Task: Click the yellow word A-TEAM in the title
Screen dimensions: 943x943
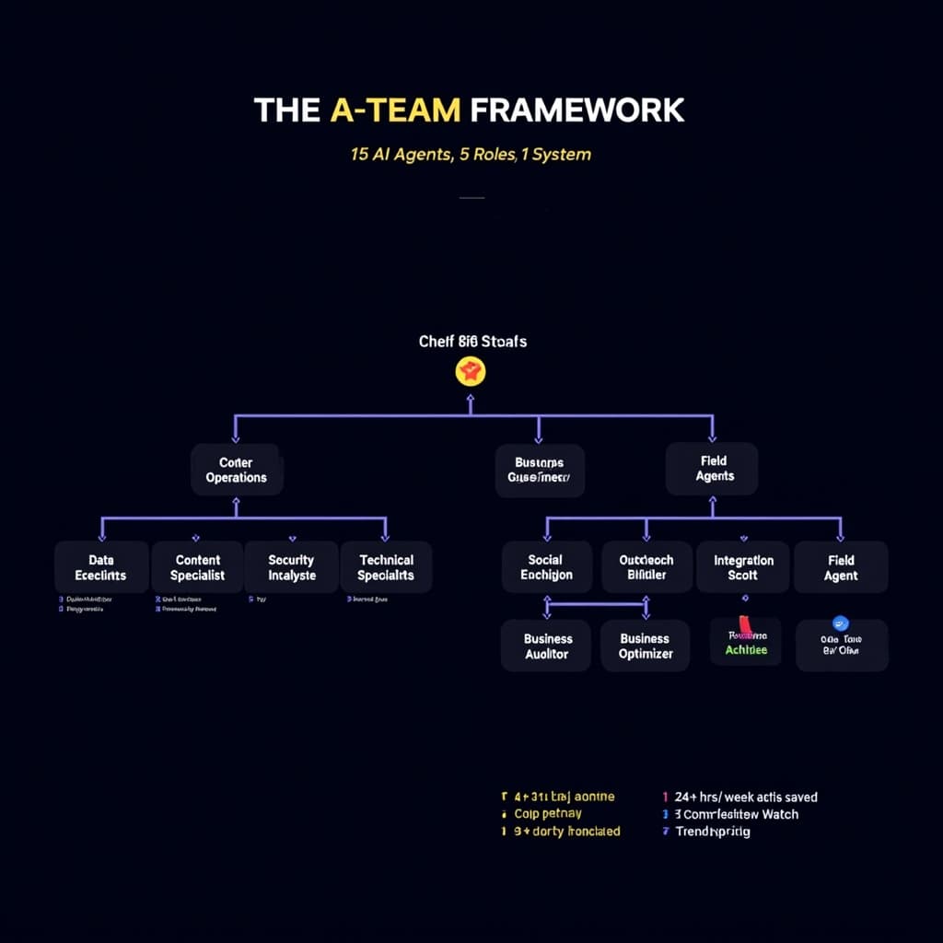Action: tap(394, 110)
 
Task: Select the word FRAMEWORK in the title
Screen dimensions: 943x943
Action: tap(576, 110)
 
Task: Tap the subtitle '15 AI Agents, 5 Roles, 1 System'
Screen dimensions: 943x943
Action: tap(471, 154)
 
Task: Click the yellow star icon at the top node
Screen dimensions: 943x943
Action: tap(471, 372)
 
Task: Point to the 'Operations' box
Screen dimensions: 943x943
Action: tap(237, 470)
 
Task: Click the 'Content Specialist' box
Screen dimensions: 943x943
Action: tap(197, 567)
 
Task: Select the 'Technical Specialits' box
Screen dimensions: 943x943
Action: tap(386, 567)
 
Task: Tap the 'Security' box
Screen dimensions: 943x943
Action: tap(291, 567)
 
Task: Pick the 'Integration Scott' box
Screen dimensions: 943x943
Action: tap(743, 567)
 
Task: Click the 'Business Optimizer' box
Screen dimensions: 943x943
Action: tap(645, 646)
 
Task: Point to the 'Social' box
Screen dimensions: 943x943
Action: tap(545, 567)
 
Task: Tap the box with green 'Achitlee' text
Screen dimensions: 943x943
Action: tap(745, 643)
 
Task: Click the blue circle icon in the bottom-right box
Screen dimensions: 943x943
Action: tap(839, 623)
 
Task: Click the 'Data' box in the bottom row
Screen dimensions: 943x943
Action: tap(101, 567)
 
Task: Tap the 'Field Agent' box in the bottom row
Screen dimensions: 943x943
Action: tap(841, 567)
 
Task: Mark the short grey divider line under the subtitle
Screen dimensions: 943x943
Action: tap(471, 197)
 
